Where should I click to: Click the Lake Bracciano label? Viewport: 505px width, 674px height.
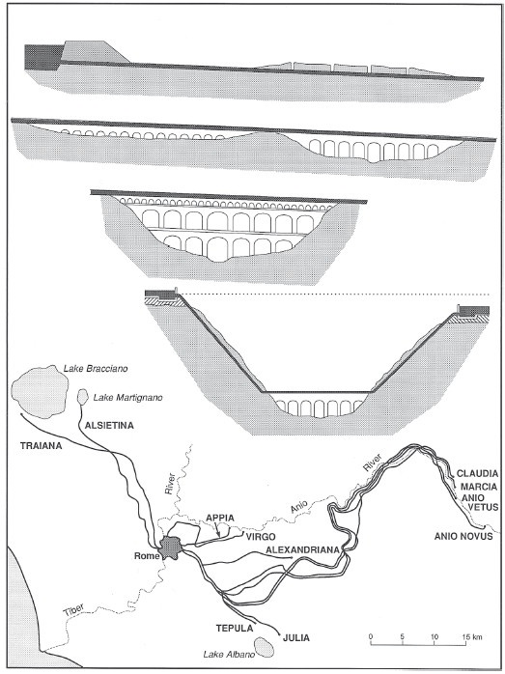pyautogui.click(x=96, y=369)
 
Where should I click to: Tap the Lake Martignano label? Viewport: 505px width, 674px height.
pyautogui.click(x=128, y=398)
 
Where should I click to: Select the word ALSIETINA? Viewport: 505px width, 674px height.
pyautogui.click(x=109, y=426)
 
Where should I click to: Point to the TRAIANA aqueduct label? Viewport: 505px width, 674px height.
pyautogui.click(x=42, y=446)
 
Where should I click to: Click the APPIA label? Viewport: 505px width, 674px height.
pyautogui.click(x=219, y=518)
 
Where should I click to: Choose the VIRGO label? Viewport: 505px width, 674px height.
pyautogui.click(x=260, y=536)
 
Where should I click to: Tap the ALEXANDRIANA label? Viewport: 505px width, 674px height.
pyautogui.click(x=302, y=549)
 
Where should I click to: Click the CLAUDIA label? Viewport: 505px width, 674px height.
pyautogui.click(x=477, y=474)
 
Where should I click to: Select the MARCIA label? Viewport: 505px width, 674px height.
pyautogui.click(x=478, y=487)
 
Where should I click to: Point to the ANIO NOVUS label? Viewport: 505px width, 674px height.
pyautogui.click(x=463, y=536)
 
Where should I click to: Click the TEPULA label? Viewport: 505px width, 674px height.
pyautogui.click(x=235, y=628)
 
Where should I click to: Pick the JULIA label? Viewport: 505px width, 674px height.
pyautogui.click(x=296, y=637)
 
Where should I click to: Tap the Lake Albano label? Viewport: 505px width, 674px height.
pyautogui.click(x=229, y=655)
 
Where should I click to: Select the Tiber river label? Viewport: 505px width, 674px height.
pyautogui.click(x=74, y=609)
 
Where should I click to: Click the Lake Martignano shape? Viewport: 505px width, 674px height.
pyautogui.click(x=82, y=396)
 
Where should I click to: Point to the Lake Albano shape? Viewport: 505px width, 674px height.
pyautogui.click(x=265, y=647)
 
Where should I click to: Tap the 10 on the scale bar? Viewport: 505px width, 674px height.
pyautogui.click(x=435, y=637)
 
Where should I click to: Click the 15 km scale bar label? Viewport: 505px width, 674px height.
pyautogui.click(x=472, y=637)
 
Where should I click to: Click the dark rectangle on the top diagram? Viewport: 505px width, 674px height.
pyautogui.click(x=43, y=57)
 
